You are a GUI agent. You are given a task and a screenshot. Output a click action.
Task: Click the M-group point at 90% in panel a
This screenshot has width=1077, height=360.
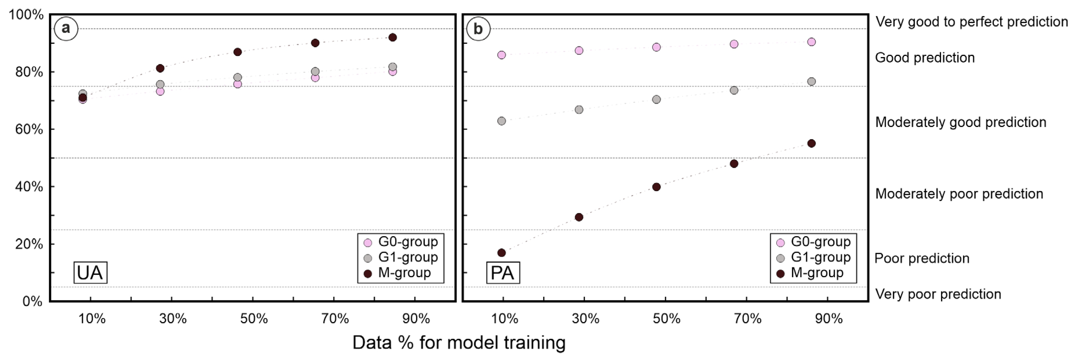click(392, 38)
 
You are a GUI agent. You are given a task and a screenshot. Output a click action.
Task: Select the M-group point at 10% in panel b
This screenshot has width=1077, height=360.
click(502, 252)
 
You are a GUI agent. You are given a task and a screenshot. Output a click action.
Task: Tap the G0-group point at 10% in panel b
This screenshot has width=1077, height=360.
click(502, 55)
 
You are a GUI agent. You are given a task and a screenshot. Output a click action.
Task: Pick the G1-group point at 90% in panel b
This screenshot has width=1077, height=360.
click(811, 81)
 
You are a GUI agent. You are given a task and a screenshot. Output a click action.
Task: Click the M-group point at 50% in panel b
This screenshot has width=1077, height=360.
click(656, 187)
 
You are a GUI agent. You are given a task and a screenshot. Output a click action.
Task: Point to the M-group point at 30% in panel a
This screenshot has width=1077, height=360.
click(160, 68)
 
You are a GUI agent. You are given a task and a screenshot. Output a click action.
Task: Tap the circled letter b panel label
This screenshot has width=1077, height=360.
click(478, 29)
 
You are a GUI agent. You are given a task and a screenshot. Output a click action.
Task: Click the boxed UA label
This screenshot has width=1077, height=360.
click(90, 273)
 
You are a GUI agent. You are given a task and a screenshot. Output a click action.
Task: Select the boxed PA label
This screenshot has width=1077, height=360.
click(502, 273)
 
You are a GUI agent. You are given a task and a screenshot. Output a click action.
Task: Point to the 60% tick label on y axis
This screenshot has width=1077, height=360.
click(28, 130)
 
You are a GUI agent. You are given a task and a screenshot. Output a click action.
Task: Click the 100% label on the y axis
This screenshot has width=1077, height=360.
click(26, 15)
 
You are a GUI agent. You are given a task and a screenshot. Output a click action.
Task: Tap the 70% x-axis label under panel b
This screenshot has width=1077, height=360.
click(748, 319)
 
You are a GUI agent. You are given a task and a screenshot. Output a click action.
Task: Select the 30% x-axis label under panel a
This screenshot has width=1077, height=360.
click(173, 319)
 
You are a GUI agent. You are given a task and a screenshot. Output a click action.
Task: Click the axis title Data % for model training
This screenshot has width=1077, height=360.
click(459, 342)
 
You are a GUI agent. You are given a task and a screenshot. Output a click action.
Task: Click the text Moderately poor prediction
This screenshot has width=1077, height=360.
click(959, 194)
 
